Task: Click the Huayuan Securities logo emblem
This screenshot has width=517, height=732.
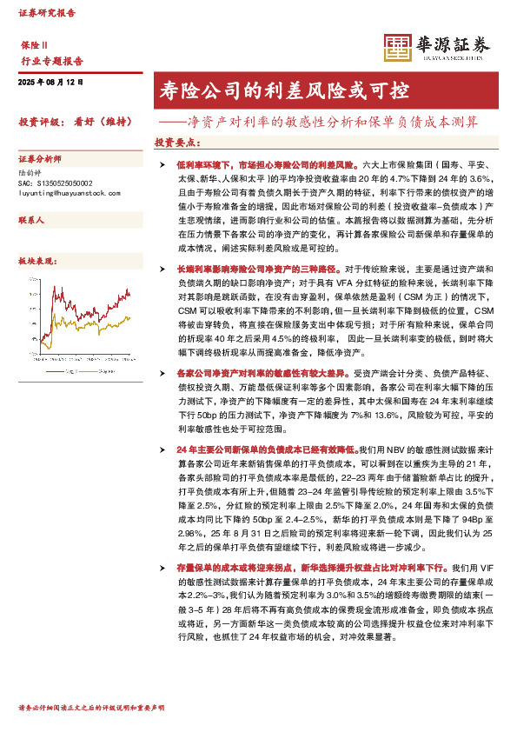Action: [x=399, y=49]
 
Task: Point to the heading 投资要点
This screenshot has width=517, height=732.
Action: [x=175, y=141]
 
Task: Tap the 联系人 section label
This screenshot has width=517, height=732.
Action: [x=30, y=221]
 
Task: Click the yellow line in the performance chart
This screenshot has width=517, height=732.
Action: [x=104, y=326]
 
